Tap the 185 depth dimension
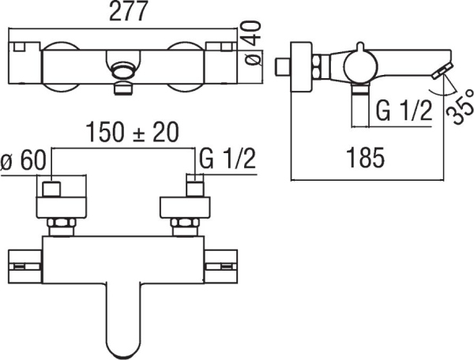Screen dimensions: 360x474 363,158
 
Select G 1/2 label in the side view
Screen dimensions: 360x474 403,111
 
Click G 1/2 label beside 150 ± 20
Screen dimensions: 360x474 229,160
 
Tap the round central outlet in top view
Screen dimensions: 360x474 122,69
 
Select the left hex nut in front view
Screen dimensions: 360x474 61,227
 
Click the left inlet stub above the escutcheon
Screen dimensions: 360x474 54,189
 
